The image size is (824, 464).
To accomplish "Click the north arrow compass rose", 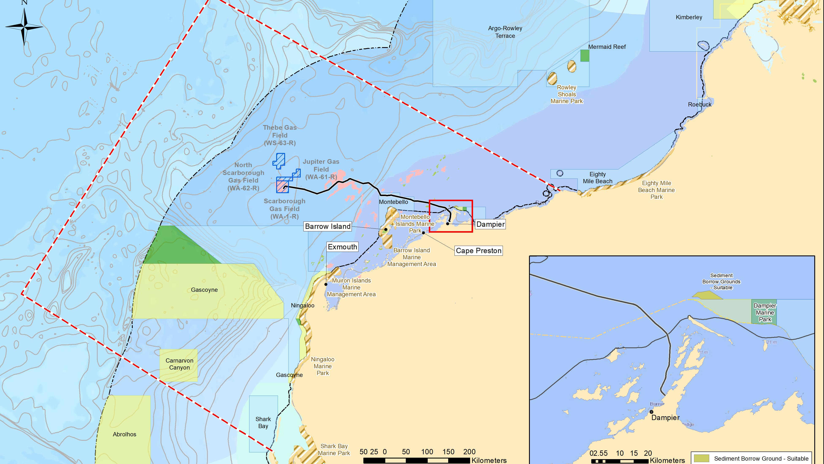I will point(24,27).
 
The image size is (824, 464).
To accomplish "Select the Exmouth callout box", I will point(342,247).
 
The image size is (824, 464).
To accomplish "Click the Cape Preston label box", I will point(479,251).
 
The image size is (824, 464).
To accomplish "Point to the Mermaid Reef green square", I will point(585,56).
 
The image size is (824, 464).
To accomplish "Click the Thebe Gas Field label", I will point(280,135).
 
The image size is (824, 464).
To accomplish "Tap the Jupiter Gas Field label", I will point(321,169).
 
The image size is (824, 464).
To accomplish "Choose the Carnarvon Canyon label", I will point(179,364).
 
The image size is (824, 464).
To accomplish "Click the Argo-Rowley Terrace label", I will point(505,32).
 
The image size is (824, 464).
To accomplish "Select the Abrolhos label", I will point(124,435).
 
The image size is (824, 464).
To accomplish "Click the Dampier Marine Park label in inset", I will point(765,313).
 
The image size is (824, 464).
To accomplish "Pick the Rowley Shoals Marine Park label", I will point(567,94).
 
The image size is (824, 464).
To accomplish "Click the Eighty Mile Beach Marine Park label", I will point(656,190).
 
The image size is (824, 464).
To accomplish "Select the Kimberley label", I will point(689,17).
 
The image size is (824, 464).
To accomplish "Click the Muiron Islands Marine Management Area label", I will point(351,287).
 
